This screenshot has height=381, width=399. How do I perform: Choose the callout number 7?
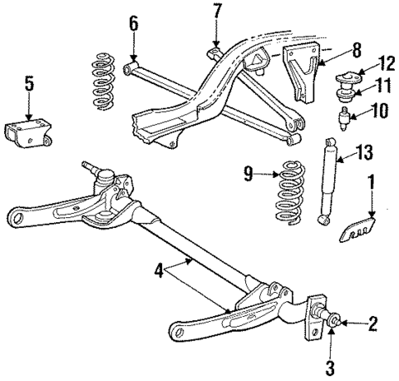[216, 12]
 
